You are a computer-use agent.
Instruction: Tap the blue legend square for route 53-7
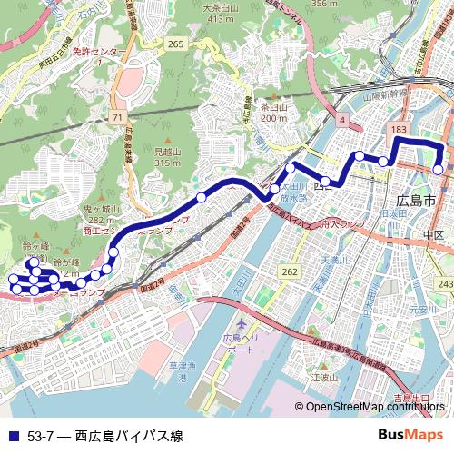click(x=11, y=436)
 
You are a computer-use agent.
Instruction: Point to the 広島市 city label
click(x=418, y=200)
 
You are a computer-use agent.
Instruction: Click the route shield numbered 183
click(x=398, y=131)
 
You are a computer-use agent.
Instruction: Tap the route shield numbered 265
click(x=175, y=44)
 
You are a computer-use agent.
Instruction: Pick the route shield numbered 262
click(x=289, y=271)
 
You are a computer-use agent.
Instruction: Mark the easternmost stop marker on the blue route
click(x=438, y=169)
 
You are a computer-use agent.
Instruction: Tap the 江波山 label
click(x=324, y=376)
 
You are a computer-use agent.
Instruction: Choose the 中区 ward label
click(x=432, y=235)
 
